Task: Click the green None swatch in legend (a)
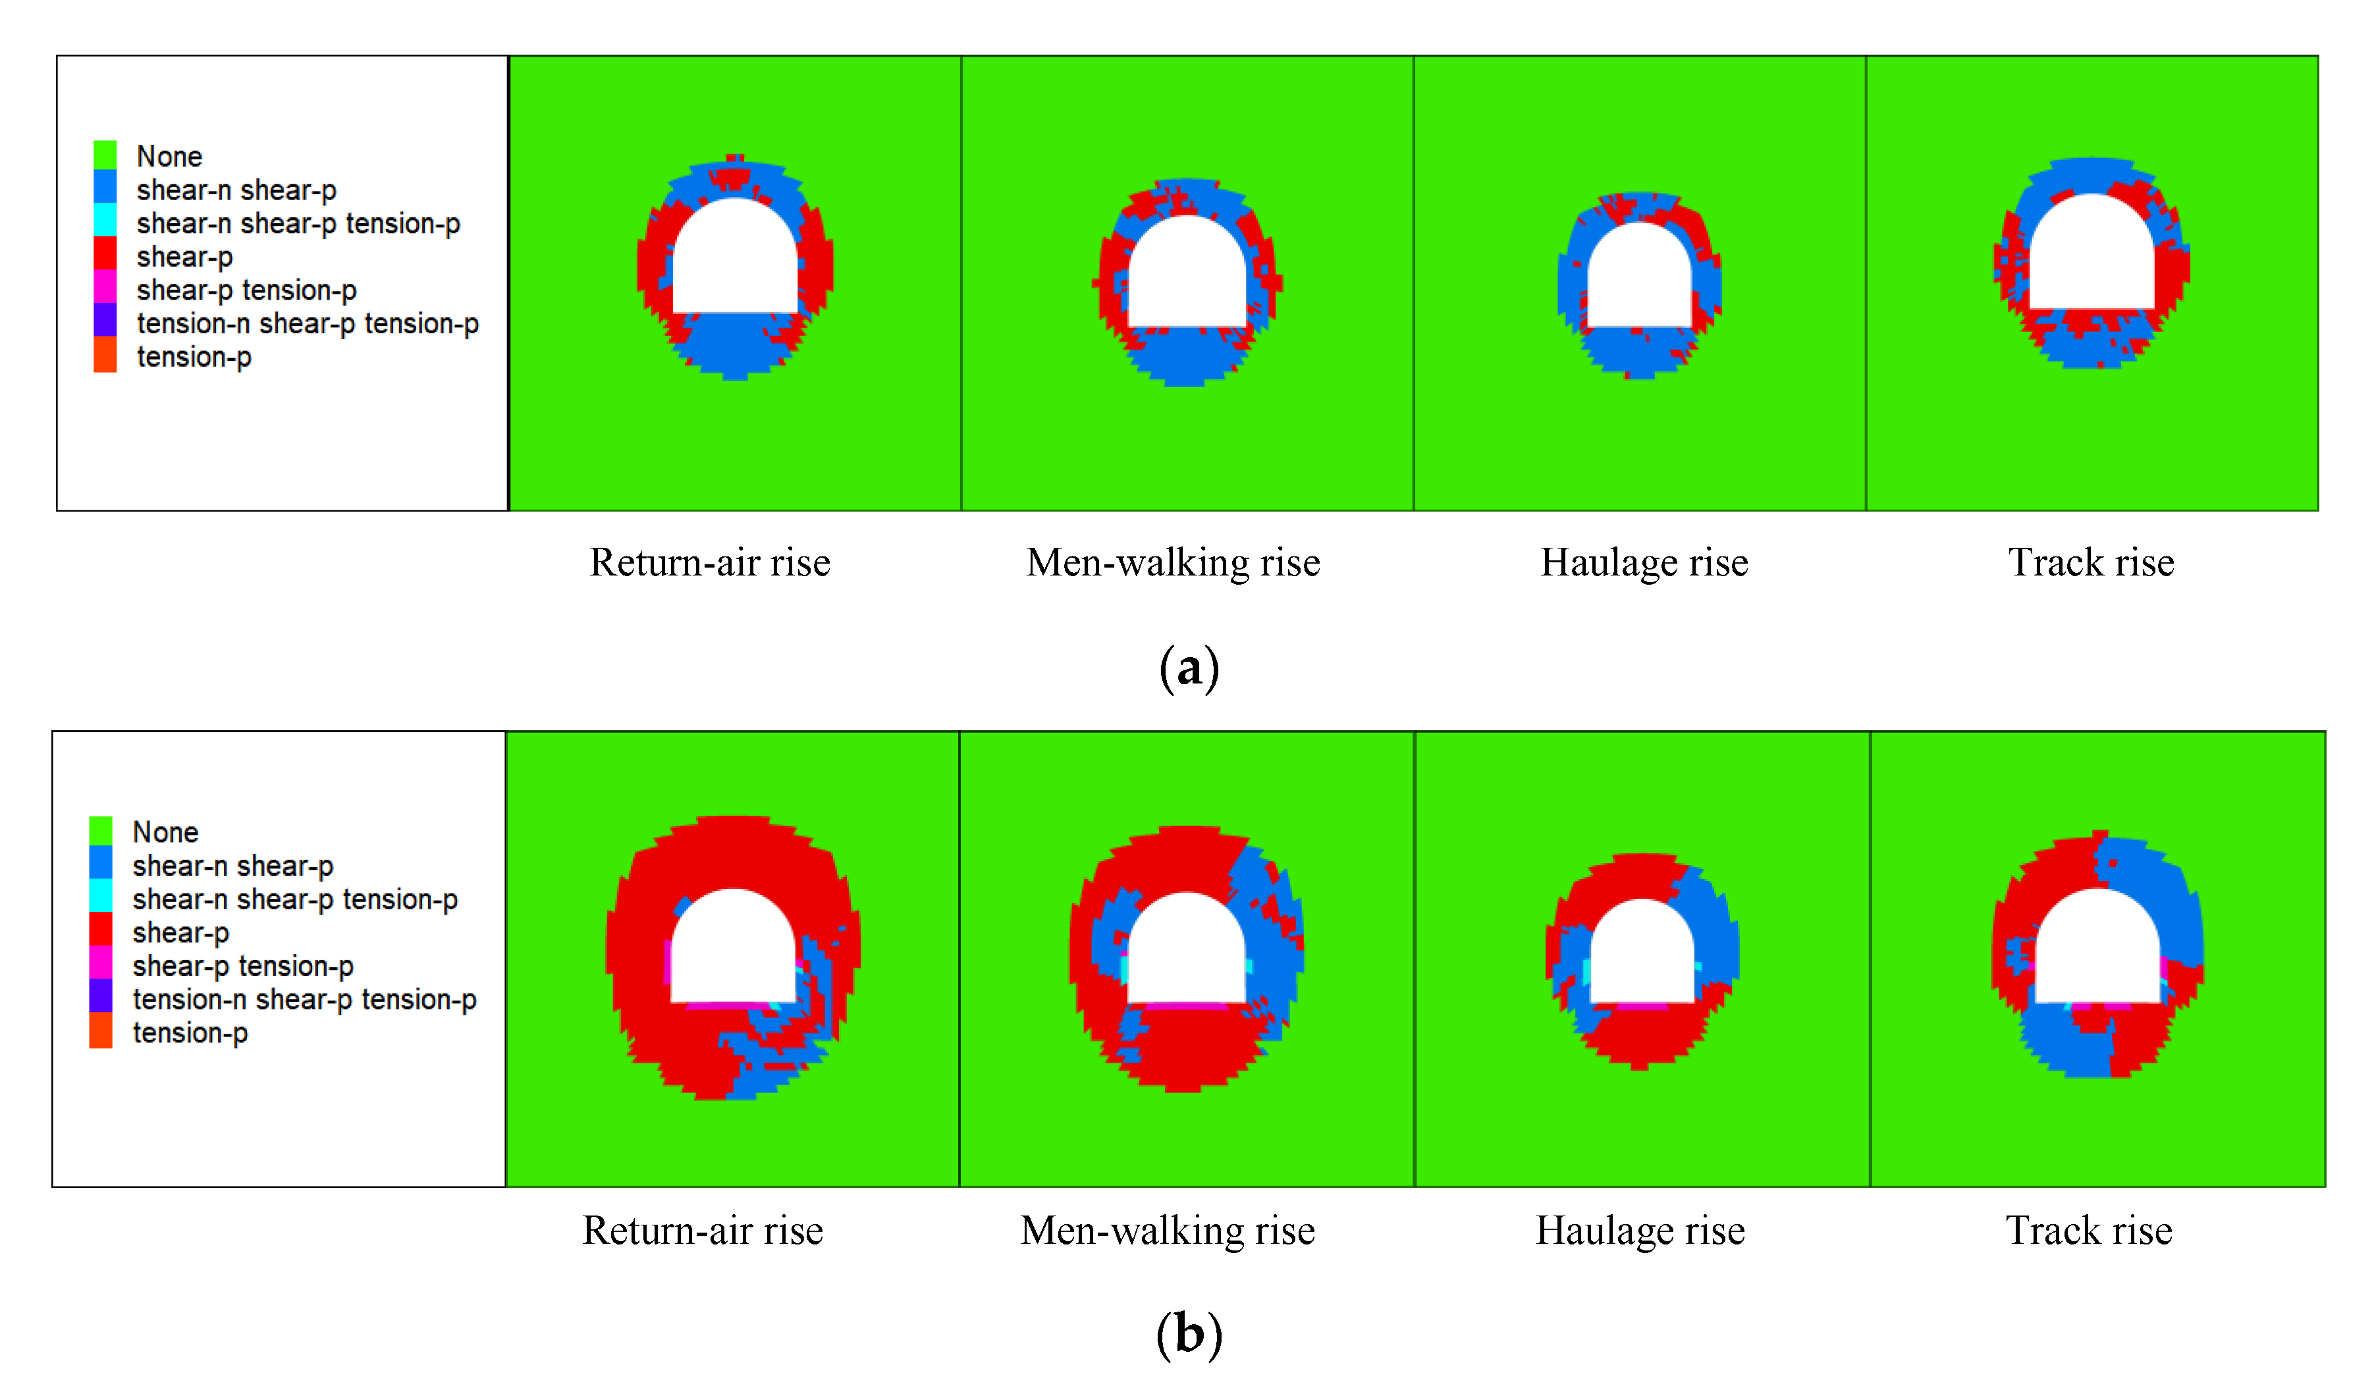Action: [x=105, y=155]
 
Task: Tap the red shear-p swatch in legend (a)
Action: [x=105, y=254]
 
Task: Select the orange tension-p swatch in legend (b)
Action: [x=101, y=1031]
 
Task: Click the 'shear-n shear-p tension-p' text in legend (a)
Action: [x=298, y=223]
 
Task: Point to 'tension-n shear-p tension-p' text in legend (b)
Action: [x=304, y=998]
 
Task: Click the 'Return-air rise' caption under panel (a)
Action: [x=709, y=562]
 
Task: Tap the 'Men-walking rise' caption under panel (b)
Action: [x=1167, y=1230]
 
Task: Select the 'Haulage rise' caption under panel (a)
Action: [x=1644, y=562]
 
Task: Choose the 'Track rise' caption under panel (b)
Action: [x=2089, y=1230]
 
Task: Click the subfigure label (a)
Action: [x=1189, y=668]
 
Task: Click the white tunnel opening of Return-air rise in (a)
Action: [x=735, y=263]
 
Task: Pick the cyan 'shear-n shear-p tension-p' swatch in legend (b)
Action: [x=101, y=897]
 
